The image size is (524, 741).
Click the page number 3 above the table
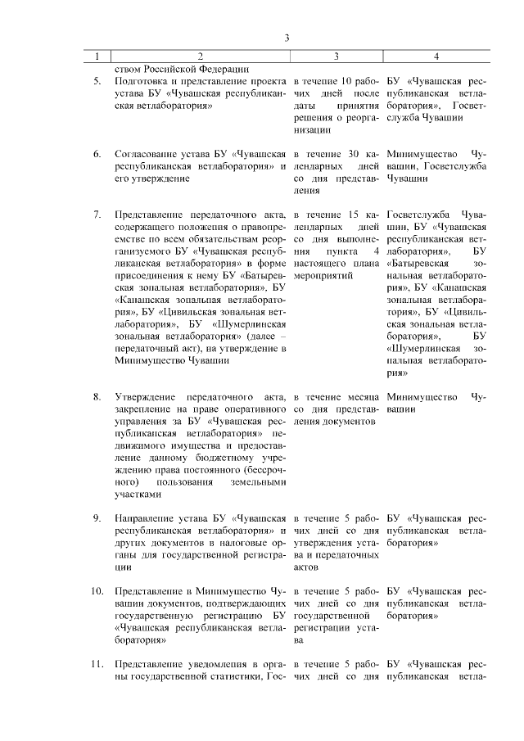tap(287, 38)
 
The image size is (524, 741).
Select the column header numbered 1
tap(97, 56)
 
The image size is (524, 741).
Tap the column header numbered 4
tap(436, 56)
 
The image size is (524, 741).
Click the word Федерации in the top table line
tap(224, 69)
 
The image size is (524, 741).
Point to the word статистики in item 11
tap(233, 675)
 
